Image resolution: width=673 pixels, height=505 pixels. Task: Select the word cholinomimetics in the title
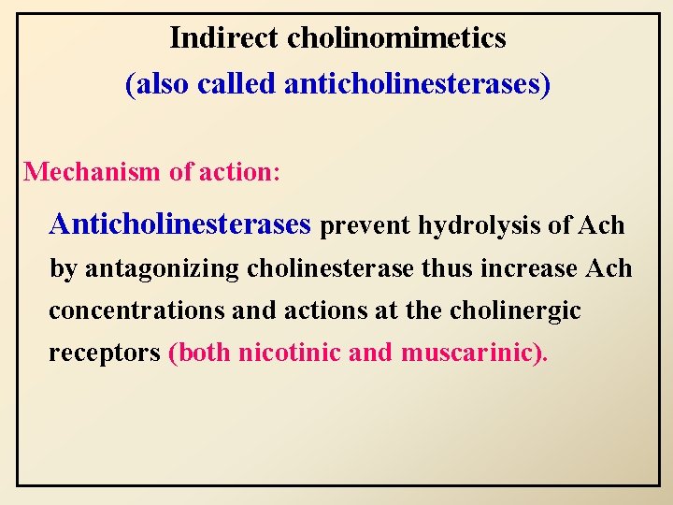coord(396,38)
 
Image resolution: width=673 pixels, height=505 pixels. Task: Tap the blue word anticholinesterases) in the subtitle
coord(417,84)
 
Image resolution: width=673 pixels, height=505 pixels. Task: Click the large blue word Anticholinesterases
coord(179,224)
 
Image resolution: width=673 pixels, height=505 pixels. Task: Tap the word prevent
coord(365,226)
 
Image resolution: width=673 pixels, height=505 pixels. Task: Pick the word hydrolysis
coord(475,226)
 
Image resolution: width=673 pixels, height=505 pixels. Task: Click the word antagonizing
coord(163,269)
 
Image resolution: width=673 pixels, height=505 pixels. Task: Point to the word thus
coord(448,269)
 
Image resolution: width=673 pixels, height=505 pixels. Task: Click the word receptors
coord(104,354)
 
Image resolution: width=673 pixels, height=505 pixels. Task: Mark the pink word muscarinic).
coord(476,354)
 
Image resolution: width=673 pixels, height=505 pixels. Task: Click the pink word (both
coord(200,354)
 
